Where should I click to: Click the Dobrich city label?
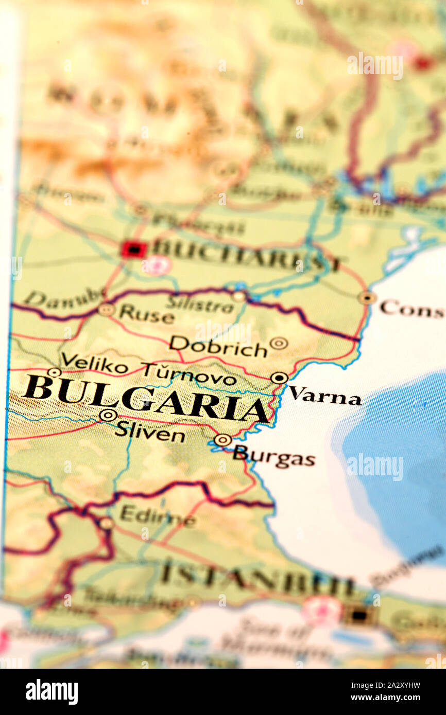tap(218, 347)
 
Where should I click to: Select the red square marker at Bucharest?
tap(133, 249)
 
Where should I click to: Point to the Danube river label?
tap(64, 299)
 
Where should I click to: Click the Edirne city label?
tap(158, 516)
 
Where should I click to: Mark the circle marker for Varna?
tap(279, 378)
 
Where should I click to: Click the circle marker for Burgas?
tap(223, 440)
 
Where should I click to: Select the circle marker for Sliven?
tap(108, 415)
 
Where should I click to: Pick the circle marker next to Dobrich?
tap(279, 343)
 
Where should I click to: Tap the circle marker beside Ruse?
tap(106, 310)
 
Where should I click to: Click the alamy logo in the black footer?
tap(52, 692)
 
